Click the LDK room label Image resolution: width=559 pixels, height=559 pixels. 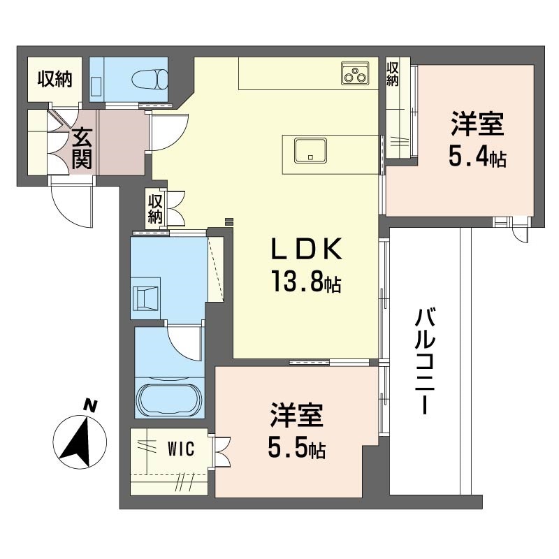(x=307, y=249)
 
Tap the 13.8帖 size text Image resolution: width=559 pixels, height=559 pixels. (x=307, y=282)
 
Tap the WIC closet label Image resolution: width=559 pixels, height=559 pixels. (x=181, y=449)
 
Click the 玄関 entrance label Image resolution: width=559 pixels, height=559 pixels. (x=82, y=148)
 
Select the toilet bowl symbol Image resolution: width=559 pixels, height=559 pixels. (x=150, y=79)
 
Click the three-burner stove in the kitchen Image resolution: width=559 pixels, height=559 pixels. (x=355, y=73)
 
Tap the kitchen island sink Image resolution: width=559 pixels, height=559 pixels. (x=310, y=150)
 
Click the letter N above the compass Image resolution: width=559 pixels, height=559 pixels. (x=90, y=406)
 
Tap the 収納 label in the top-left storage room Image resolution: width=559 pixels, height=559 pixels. (x=55, y=79)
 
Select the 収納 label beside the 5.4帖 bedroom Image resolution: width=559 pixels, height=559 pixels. (x=393, y=74)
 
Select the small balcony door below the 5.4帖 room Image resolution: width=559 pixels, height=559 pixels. (x=520, y=231)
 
